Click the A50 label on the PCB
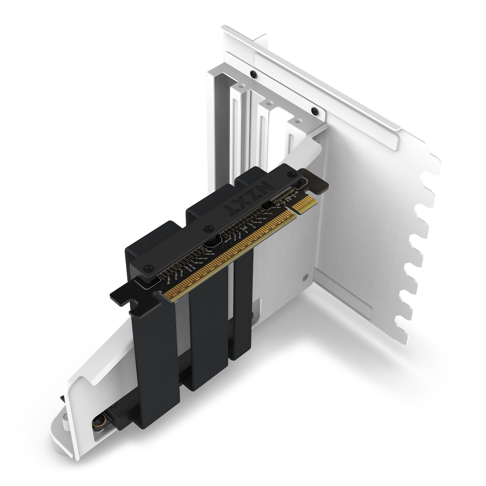coord(210,251)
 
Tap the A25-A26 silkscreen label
coord(257,222)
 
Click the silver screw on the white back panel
coord(305,276)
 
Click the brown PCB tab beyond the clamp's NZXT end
coord(316,182)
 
